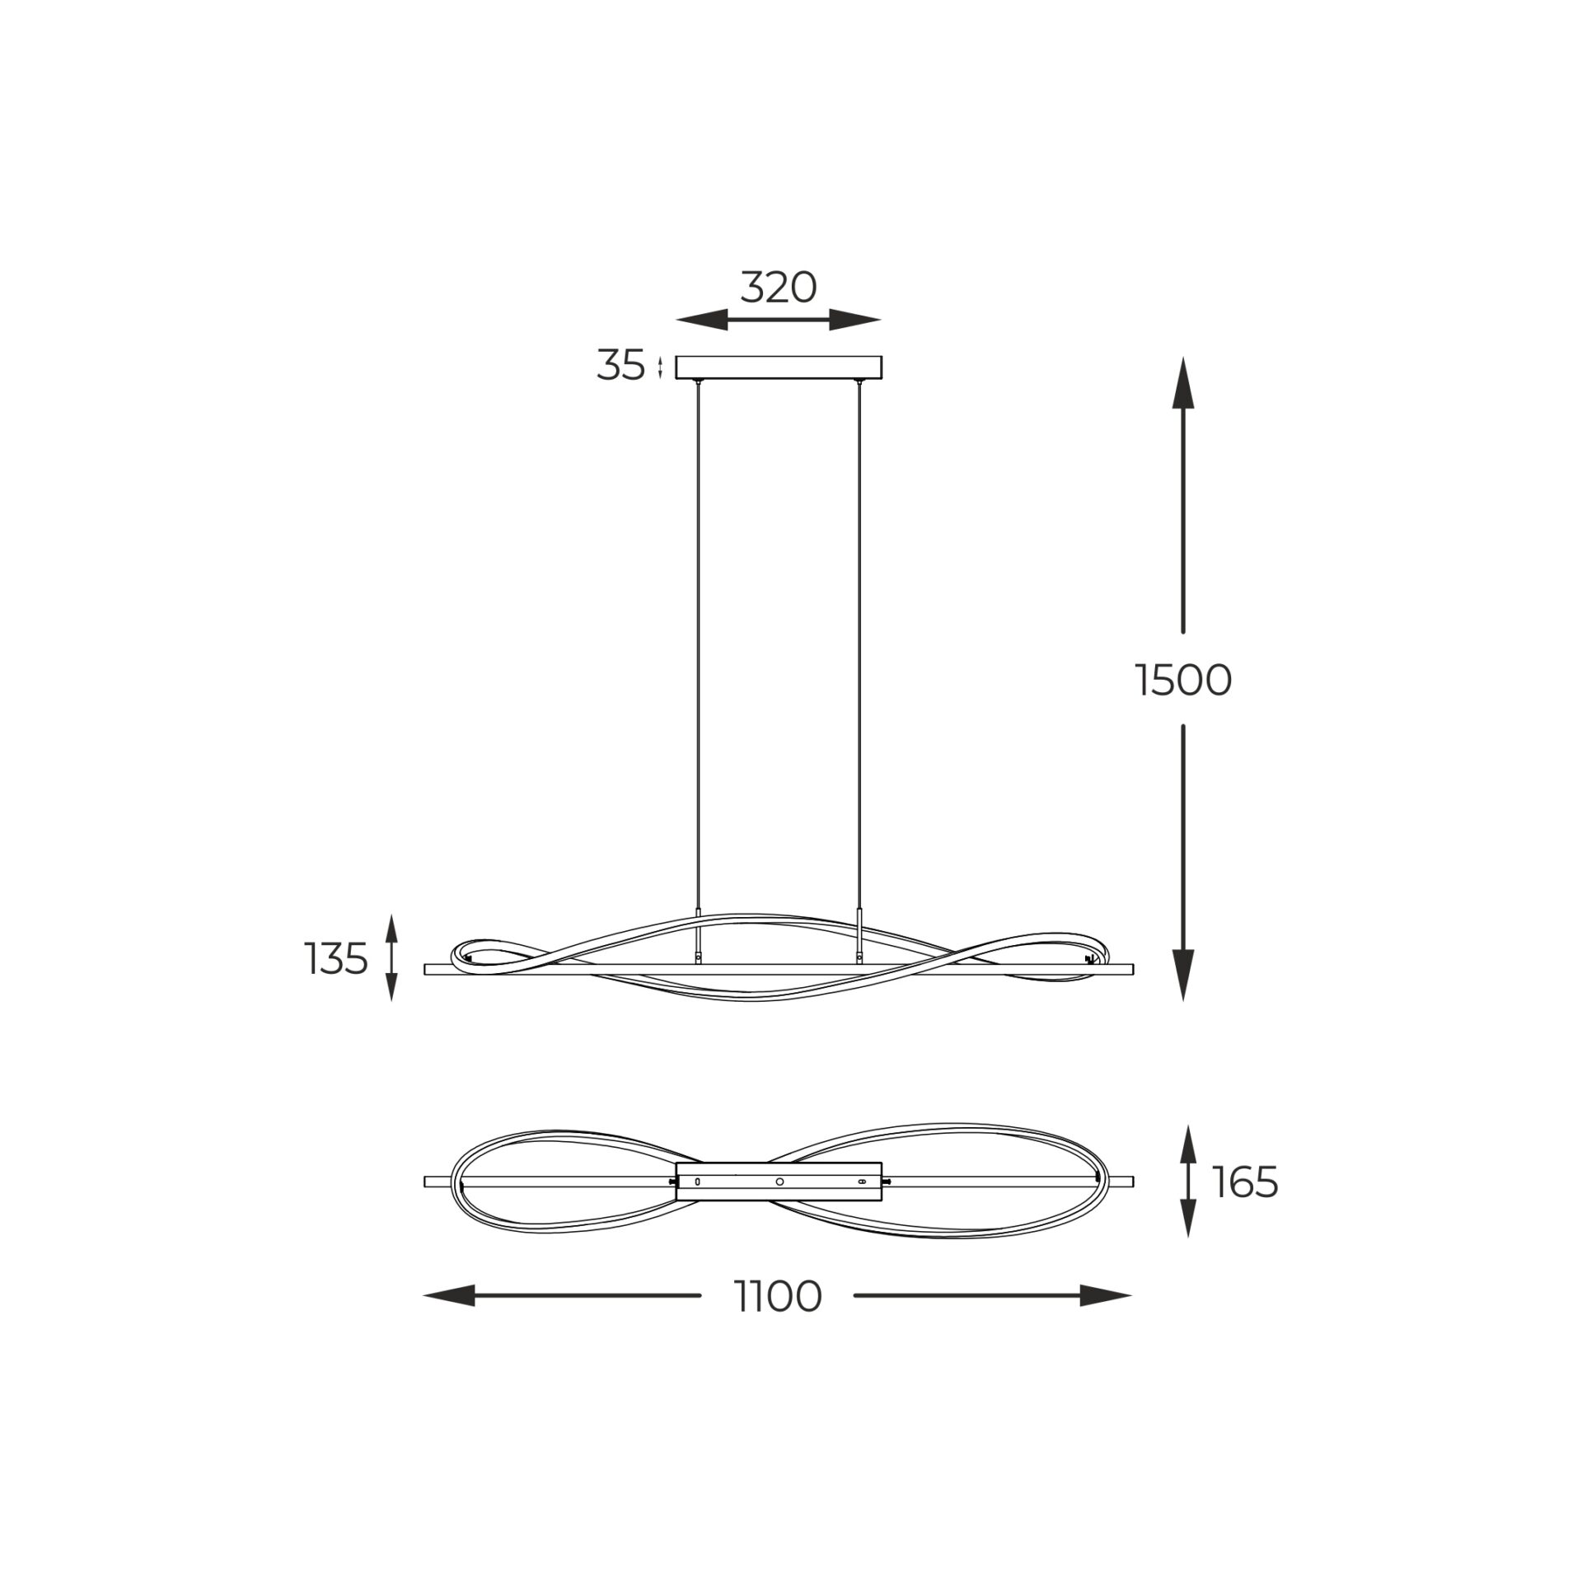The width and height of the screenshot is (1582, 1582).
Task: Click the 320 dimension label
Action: pos(778,288)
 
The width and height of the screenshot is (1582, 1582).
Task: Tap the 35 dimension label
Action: pos(620,366)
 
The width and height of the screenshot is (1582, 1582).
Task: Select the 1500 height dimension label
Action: pos(1183,681)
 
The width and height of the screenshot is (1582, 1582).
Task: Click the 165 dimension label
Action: pos(1244,1183)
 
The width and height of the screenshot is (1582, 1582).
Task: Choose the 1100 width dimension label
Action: pos(778,1296)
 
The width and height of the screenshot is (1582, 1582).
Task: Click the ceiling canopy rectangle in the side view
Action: pos(779,367)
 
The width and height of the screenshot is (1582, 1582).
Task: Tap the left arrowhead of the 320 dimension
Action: pos(701,320)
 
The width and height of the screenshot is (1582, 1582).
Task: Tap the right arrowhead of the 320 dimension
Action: pos(855,320)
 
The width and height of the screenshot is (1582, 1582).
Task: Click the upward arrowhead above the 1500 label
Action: pos(1183,383)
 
